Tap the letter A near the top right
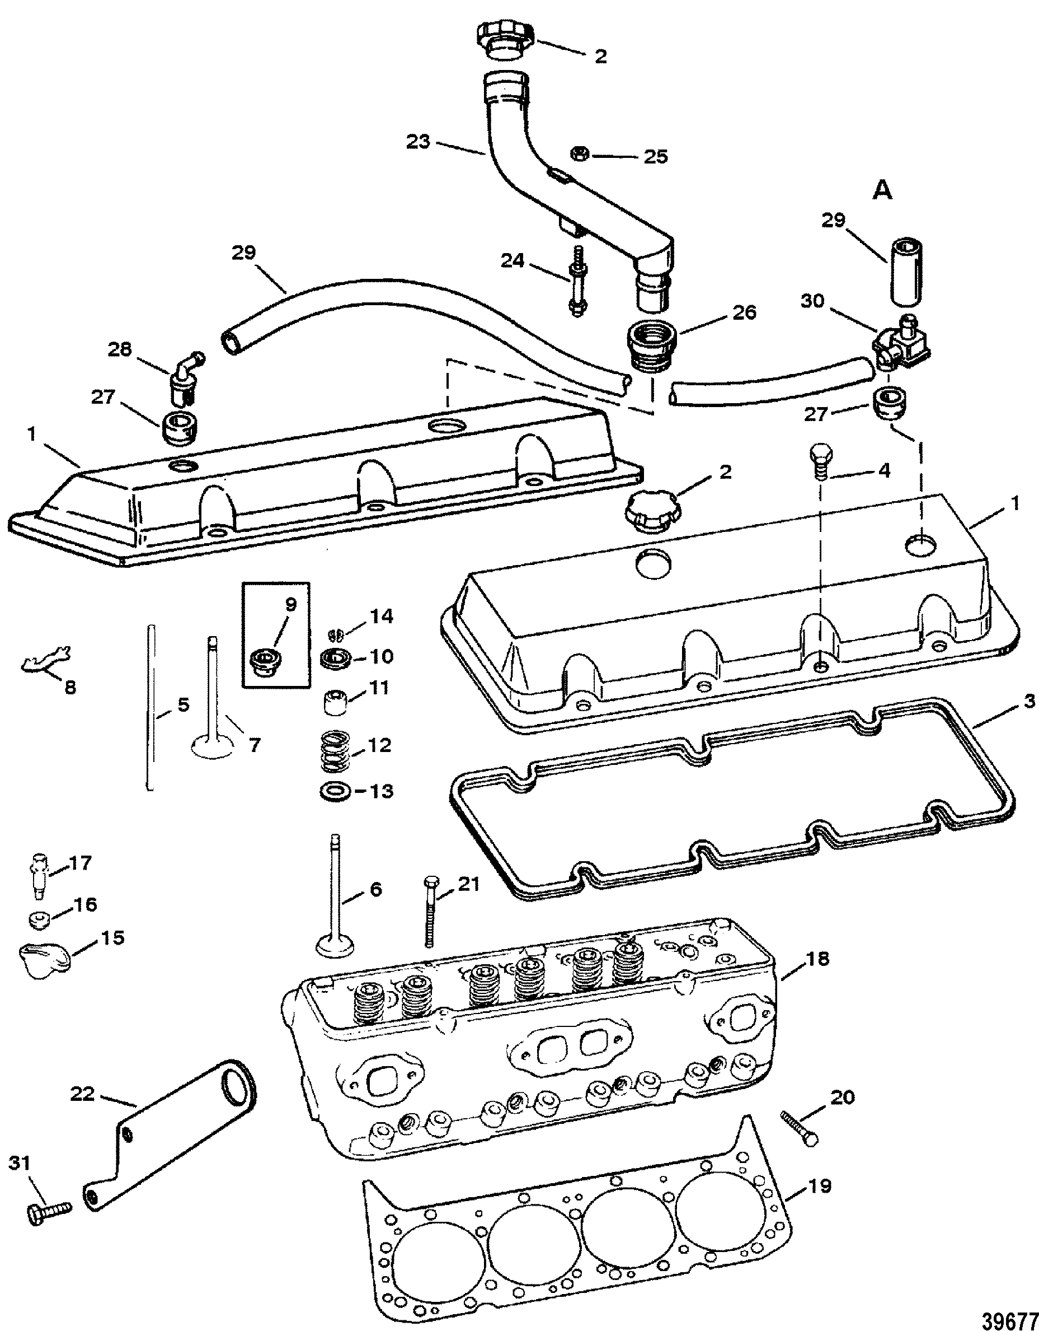[882, 192]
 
